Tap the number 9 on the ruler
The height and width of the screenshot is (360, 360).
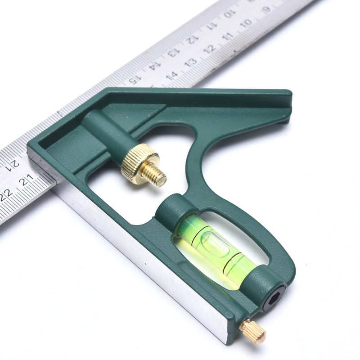[266, 9]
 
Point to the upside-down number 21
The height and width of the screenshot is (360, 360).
[13, 164]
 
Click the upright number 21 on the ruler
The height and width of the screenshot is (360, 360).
[27, 180]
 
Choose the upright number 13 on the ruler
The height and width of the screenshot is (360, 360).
[191, 62]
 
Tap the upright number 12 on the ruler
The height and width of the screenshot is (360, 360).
[210, 49]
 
